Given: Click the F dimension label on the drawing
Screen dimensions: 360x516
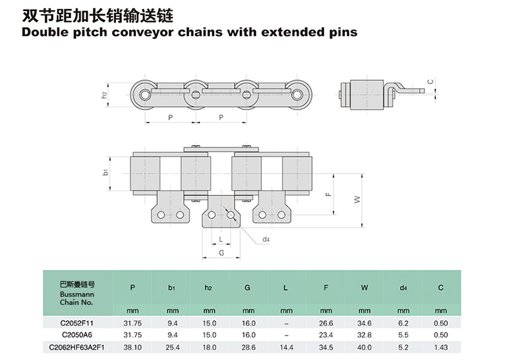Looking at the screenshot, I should click(x=328, y=194).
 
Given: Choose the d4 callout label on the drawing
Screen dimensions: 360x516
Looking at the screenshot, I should click(x=266, y=239).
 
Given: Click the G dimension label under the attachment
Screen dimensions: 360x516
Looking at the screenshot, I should click(x=221, y=253).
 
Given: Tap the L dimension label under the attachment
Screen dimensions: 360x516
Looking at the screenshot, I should click(x=221, y=239).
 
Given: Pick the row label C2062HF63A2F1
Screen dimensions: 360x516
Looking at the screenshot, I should click(x=77, y=347).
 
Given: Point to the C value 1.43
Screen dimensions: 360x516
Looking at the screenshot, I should click(x=441, y=347).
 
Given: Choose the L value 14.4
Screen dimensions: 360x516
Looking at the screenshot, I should click(x=286, y=347).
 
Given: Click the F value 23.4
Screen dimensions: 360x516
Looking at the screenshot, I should click(x=326, y=335).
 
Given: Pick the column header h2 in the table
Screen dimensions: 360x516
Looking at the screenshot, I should click(x=208, y=288).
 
